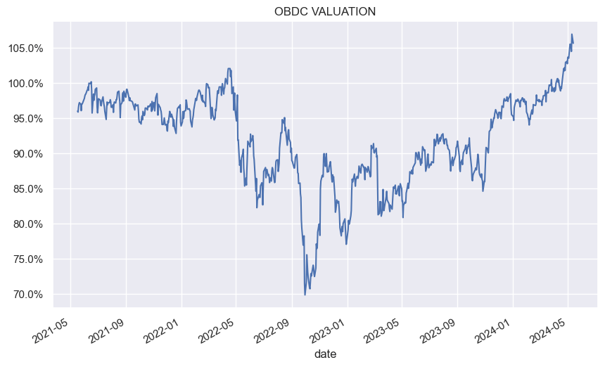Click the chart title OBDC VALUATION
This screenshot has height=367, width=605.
(325, 11)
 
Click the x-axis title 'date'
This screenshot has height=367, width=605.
(325, 354)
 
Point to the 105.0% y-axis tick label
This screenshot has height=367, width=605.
(27, 49)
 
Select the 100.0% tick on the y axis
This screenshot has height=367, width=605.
(27, 84)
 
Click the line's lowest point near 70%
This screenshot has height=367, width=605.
(305, 295)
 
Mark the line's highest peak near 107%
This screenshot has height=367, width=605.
(572, 34)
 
